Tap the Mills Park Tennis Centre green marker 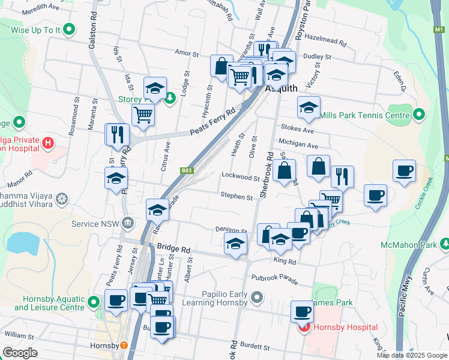[419, 114]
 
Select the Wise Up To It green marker [69, 28]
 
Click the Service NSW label [96, 224]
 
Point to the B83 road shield [187, 170]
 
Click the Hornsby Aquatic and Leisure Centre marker [93, 302]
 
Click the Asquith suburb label [281, 88]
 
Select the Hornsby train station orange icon [124, 345]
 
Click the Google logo [20, 352]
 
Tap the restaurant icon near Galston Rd [116, 134]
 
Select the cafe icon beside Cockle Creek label [404, 170]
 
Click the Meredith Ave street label [40, 10]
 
